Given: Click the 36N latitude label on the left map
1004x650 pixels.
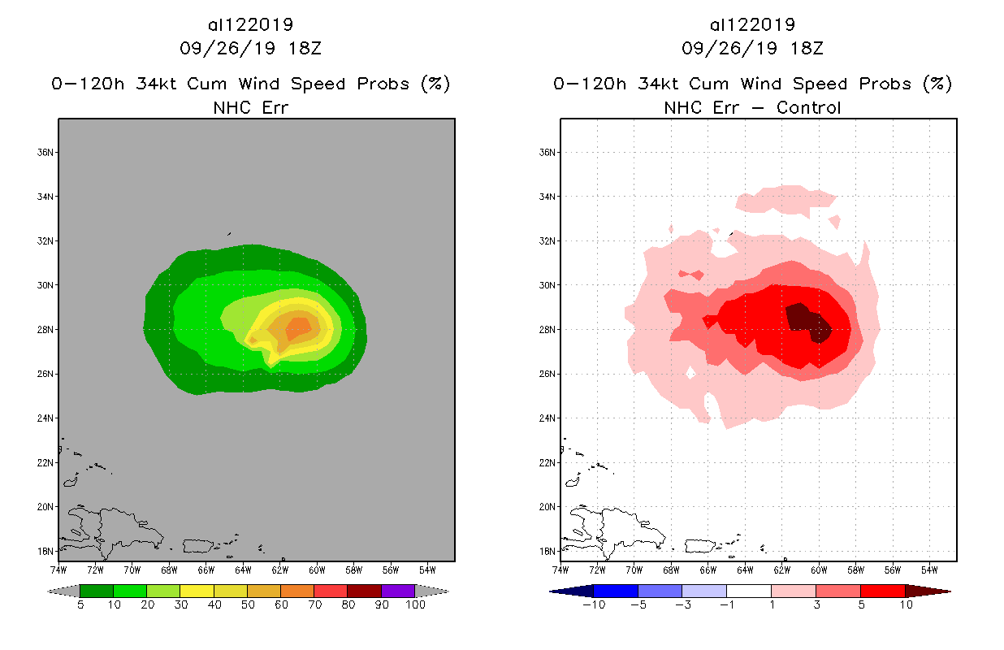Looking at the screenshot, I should tap(47, 152).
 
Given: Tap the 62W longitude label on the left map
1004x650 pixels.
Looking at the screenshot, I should tap(281, 569).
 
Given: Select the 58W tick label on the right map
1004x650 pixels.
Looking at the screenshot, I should tap(855, 569).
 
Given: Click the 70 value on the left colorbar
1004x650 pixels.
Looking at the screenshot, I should tap(314, 605).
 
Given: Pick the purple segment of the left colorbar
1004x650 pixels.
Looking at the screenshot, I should tap(398, 591).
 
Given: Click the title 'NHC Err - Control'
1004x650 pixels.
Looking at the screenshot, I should tap(752, 107).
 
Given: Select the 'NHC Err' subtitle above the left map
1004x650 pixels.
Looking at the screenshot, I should tap(250, 107).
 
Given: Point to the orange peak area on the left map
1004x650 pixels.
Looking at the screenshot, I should tap(297, 327).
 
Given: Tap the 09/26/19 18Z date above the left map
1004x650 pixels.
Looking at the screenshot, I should tap(250, 48).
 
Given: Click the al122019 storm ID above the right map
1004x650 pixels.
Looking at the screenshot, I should tap(752, 24).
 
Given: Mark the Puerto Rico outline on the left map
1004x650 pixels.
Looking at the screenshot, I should tap(200, 546).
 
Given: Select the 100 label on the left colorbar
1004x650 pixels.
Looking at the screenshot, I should tap(415, 605).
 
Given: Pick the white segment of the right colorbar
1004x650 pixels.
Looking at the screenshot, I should tap(748, 591).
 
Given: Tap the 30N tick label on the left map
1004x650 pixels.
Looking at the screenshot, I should tap(47, 285).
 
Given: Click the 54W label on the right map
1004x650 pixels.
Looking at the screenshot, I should tap(929, 569).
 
